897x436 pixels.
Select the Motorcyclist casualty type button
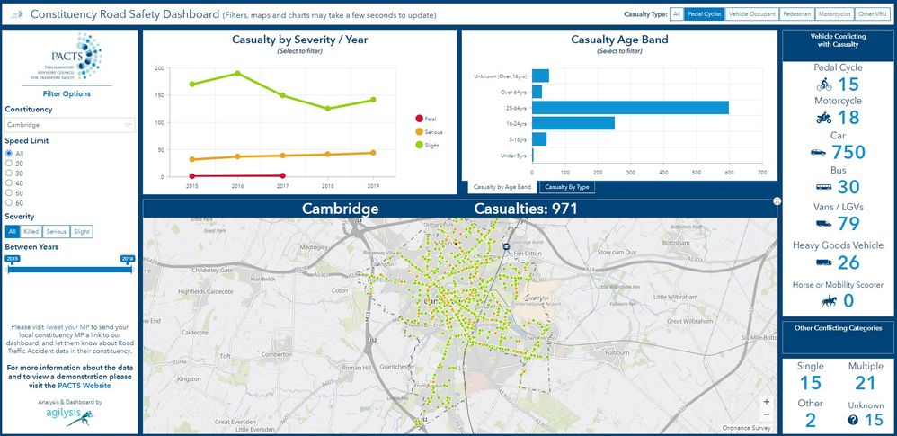(833, 14)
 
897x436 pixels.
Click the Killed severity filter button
(31, 231)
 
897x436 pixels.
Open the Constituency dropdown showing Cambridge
(70, 125)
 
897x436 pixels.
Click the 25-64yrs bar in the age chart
(630, 108)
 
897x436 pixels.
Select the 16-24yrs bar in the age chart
(573, 123)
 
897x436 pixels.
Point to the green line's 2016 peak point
(238, 74)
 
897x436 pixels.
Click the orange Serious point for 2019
(373, 153)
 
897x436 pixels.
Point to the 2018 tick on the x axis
(328, 186)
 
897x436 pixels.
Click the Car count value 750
(848, 153)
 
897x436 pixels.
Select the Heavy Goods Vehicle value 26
(848, 262)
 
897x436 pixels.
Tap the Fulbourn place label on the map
(617, 353)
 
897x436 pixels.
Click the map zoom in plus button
(766, 402)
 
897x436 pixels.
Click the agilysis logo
(70, 416)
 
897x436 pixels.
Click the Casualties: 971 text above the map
(526, 209)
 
